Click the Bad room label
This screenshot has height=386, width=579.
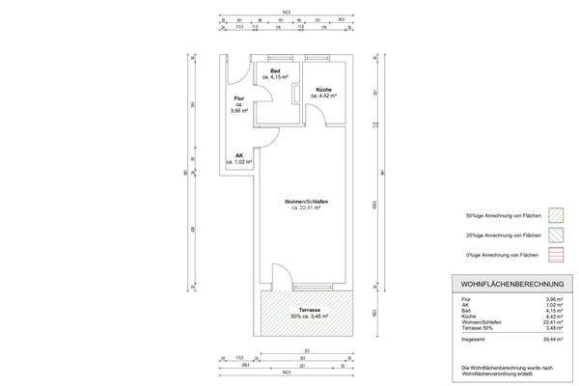coord(275,71)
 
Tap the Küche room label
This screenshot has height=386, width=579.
coord(323,90)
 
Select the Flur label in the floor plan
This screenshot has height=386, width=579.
coord(238,99)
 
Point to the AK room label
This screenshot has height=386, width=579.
coord(238,155)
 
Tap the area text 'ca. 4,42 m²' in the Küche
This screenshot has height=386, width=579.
coord(324,96)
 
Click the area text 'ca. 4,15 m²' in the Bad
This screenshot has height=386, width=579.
coord(276,78)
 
